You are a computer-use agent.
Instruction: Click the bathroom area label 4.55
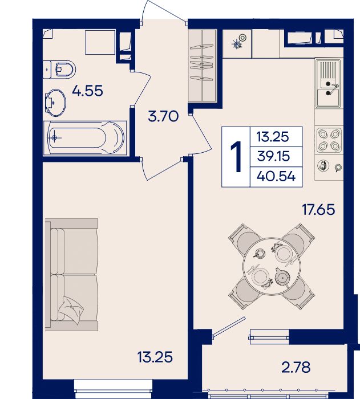point(87,91)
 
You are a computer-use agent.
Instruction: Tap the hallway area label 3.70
point(163,116)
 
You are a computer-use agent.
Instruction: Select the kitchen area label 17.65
point(318,210)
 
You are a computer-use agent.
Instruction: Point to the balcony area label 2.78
point(296,367)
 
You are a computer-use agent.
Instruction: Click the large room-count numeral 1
point(236,157)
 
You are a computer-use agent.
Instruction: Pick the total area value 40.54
point(276,176)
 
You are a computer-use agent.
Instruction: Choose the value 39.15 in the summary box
point(273,156)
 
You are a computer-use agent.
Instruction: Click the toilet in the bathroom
point(59,69)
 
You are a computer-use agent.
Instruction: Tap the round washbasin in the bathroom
point(55,103)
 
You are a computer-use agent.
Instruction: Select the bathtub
point(85,138)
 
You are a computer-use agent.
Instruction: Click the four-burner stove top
point(329,140)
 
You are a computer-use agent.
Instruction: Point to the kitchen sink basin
point(328,97)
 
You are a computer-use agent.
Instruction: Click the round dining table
point(272,266)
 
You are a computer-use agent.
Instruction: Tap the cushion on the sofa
point(71,310)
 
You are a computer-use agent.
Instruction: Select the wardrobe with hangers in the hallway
point(203,66)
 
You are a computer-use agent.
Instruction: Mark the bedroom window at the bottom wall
point(114,389)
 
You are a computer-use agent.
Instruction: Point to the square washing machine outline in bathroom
point(100,42)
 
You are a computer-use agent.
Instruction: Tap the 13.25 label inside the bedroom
point(155,357)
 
